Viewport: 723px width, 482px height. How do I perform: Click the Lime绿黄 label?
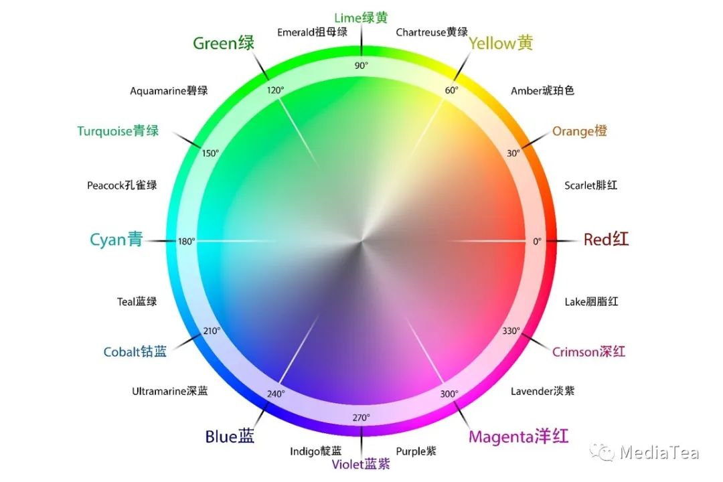pos(361,18)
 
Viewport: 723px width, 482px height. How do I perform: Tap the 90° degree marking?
pos(361,65)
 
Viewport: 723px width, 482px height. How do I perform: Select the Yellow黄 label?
pos(501,44)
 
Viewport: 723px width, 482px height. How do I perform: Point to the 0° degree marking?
pos(537,241)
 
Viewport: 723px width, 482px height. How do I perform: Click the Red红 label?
pos(606,240)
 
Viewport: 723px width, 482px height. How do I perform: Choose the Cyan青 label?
pos(116,240)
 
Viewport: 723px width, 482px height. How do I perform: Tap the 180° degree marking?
pos(186,241)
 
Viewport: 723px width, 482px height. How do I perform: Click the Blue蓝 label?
pos(230,437)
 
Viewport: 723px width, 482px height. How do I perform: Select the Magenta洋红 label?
pos(518,437)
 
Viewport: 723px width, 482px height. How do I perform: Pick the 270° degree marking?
pos(361,418)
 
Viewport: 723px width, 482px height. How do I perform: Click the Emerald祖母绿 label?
pos(312,32)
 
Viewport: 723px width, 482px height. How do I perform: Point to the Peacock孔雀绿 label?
pos(122,185)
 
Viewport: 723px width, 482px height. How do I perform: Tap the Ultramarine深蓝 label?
pos(169,392)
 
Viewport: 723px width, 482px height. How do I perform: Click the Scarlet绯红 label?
pos(590,185)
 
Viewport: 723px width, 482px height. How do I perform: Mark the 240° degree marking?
pos(276,394)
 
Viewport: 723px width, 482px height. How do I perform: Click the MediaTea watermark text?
pos(659,453)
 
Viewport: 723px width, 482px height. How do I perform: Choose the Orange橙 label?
pos(579,131)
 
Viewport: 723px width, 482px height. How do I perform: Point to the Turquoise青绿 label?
pos(118,131)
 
